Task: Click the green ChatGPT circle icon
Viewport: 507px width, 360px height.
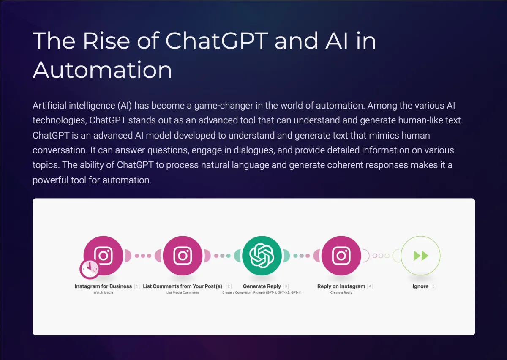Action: (262, 256)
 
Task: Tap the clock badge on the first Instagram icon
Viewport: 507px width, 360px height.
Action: (90, 269)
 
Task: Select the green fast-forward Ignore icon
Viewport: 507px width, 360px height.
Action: (420, 256)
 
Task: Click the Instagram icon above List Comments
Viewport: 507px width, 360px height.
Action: (183, 256)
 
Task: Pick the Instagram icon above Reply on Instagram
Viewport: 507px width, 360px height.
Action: (341, 256)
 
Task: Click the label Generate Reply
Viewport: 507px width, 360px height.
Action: (262, 286)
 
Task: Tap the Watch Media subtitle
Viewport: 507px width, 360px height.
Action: (103, 292)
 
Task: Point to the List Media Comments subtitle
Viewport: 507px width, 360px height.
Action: (183, 292)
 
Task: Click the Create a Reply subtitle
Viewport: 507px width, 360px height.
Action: (341, 292)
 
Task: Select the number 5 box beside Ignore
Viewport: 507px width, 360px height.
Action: (433, 286)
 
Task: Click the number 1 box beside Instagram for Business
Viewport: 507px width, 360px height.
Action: (137, 286)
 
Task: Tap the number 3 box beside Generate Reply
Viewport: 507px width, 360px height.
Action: (286, 286)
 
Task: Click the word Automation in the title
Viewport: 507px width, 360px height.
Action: (102, 70)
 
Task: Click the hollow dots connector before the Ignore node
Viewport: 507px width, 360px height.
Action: (381, 256)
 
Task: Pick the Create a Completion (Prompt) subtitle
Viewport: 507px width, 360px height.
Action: (262, 292)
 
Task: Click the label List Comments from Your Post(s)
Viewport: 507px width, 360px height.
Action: (183, 286)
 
